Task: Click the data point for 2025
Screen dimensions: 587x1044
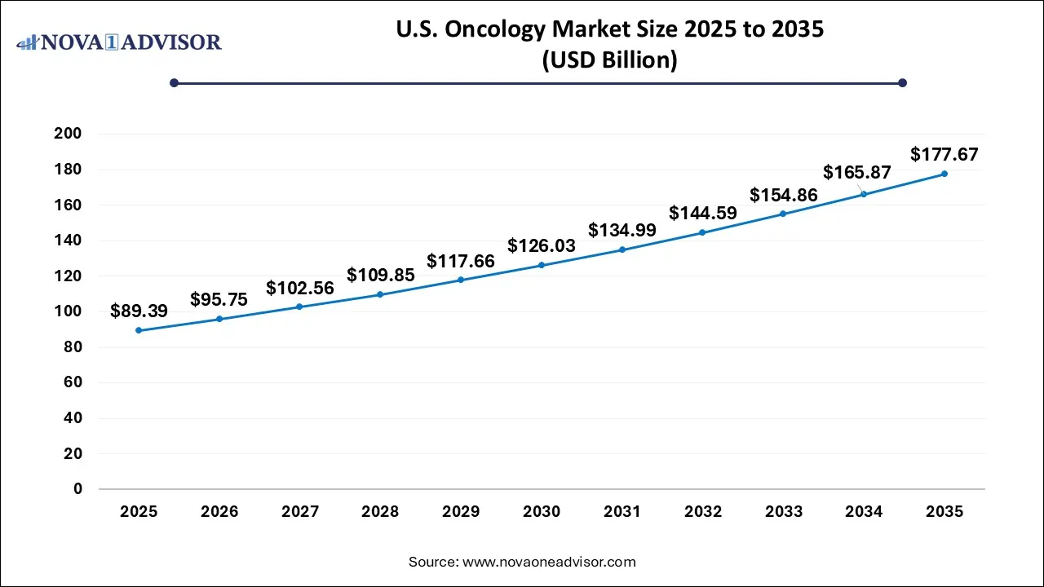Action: coord(139,330)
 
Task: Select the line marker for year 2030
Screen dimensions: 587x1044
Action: coord(542,265)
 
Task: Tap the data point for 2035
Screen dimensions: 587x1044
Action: coord(944,174)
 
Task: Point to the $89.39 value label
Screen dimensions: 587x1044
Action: coord(139,310)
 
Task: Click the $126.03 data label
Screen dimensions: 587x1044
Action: coord(542,245)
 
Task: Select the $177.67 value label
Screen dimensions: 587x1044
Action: coord(944,154)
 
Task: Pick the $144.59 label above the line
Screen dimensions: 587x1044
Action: coord(703,213)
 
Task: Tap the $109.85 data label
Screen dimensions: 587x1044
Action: coord(380,275)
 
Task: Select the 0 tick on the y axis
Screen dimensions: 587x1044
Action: coord(77,489)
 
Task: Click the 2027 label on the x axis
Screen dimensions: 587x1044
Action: coord(300,512)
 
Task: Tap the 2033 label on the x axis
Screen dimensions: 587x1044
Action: coord(784,512)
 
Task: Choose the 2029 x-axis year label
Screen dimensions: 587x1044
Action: coord(461,512)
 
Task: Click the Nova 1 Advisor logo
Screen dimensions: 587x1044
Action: coord(119,42)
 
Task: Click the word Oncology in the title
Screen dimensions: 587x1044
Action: coord(489,31)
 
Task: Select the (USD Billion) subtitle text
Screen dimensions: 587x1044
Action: coord(609,61)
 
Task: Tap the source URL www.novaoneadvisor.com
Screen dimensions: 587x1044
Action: coord(549,562)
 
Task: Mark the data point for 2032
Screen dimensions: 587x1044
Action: coord(703,232)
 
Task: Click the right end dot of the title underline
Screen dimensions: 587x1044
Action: coord(902,82)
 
